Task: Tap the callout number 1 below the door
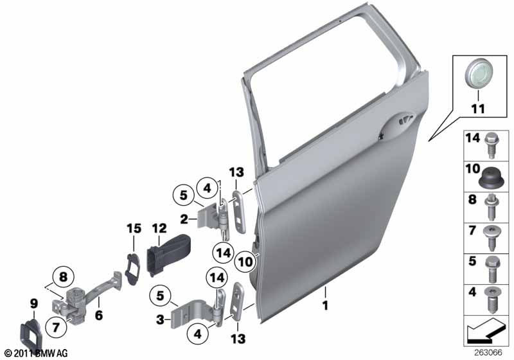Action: (325, 306)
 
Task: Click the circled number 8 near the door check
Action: (63, 277)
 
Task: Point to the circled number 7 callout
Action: (56, 327)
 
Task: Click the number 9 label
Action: (34, 304)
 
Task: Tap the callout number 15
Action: (134, 228)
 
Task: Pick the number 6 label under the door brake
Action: (99, 316)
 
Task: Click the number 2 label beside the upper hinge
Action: (184, 219)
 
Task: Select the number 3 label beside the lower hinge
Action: (160, 319)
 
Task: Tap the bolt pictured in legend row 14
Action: (492, 145)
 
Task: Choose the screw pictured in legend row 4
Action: (492, 300)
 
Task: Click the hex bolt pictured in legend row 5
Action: (492, 269)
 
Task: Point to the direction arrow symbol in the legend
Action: (484, 330)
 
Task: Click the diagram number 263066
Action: (488, 353)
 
